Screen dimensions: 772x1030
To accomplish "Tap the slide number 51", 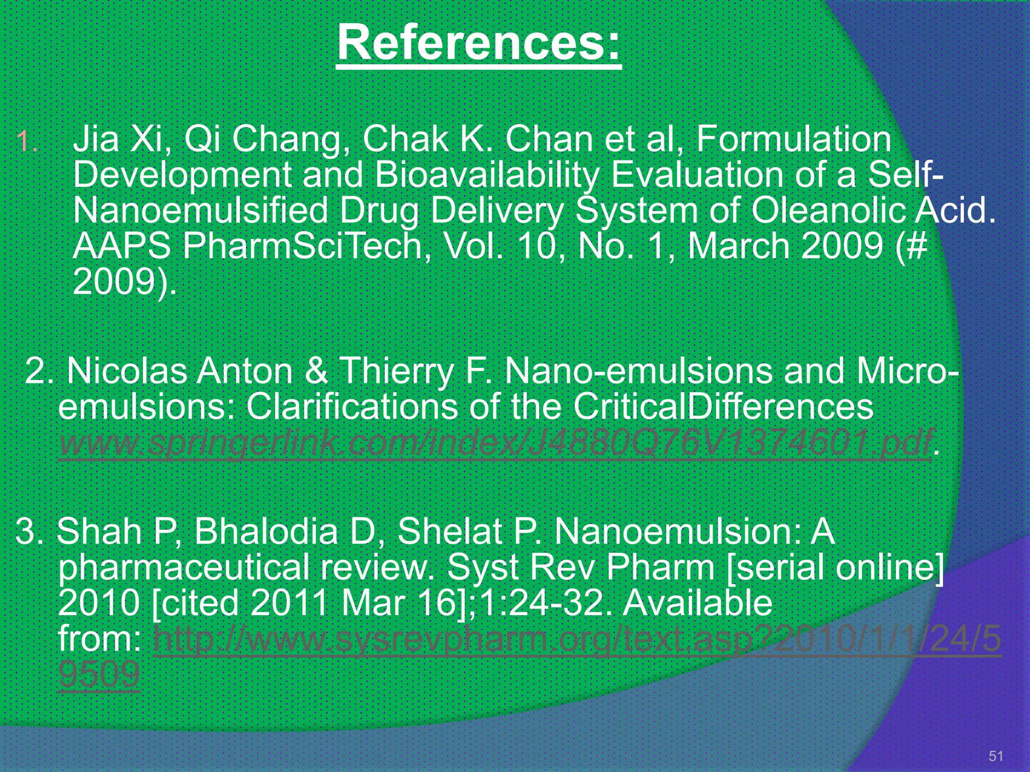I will coord(996,756).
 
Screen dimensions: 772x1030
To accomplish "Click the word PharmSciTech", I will coord(302,246).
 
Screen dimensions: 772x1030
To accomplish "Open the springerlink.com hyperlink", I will coord(495,442).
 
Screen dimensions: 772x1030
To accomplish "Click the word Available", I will coord(697,603).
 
